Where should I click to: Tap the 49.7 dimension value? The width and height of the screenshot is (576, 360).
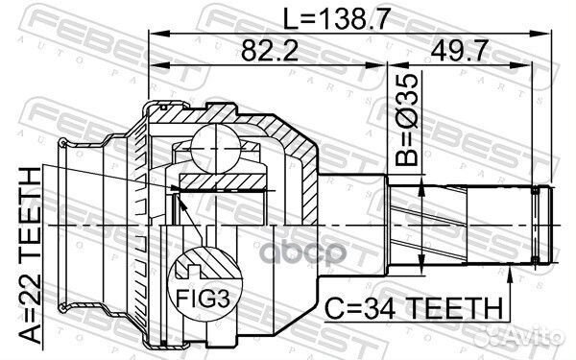click(468, 53)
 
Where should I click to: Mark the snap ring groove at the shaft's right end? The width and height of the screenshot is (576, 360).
click(540, 226)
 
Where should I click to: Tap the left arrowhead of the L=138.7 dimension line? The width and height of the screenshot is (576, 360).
click(154, 36)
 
